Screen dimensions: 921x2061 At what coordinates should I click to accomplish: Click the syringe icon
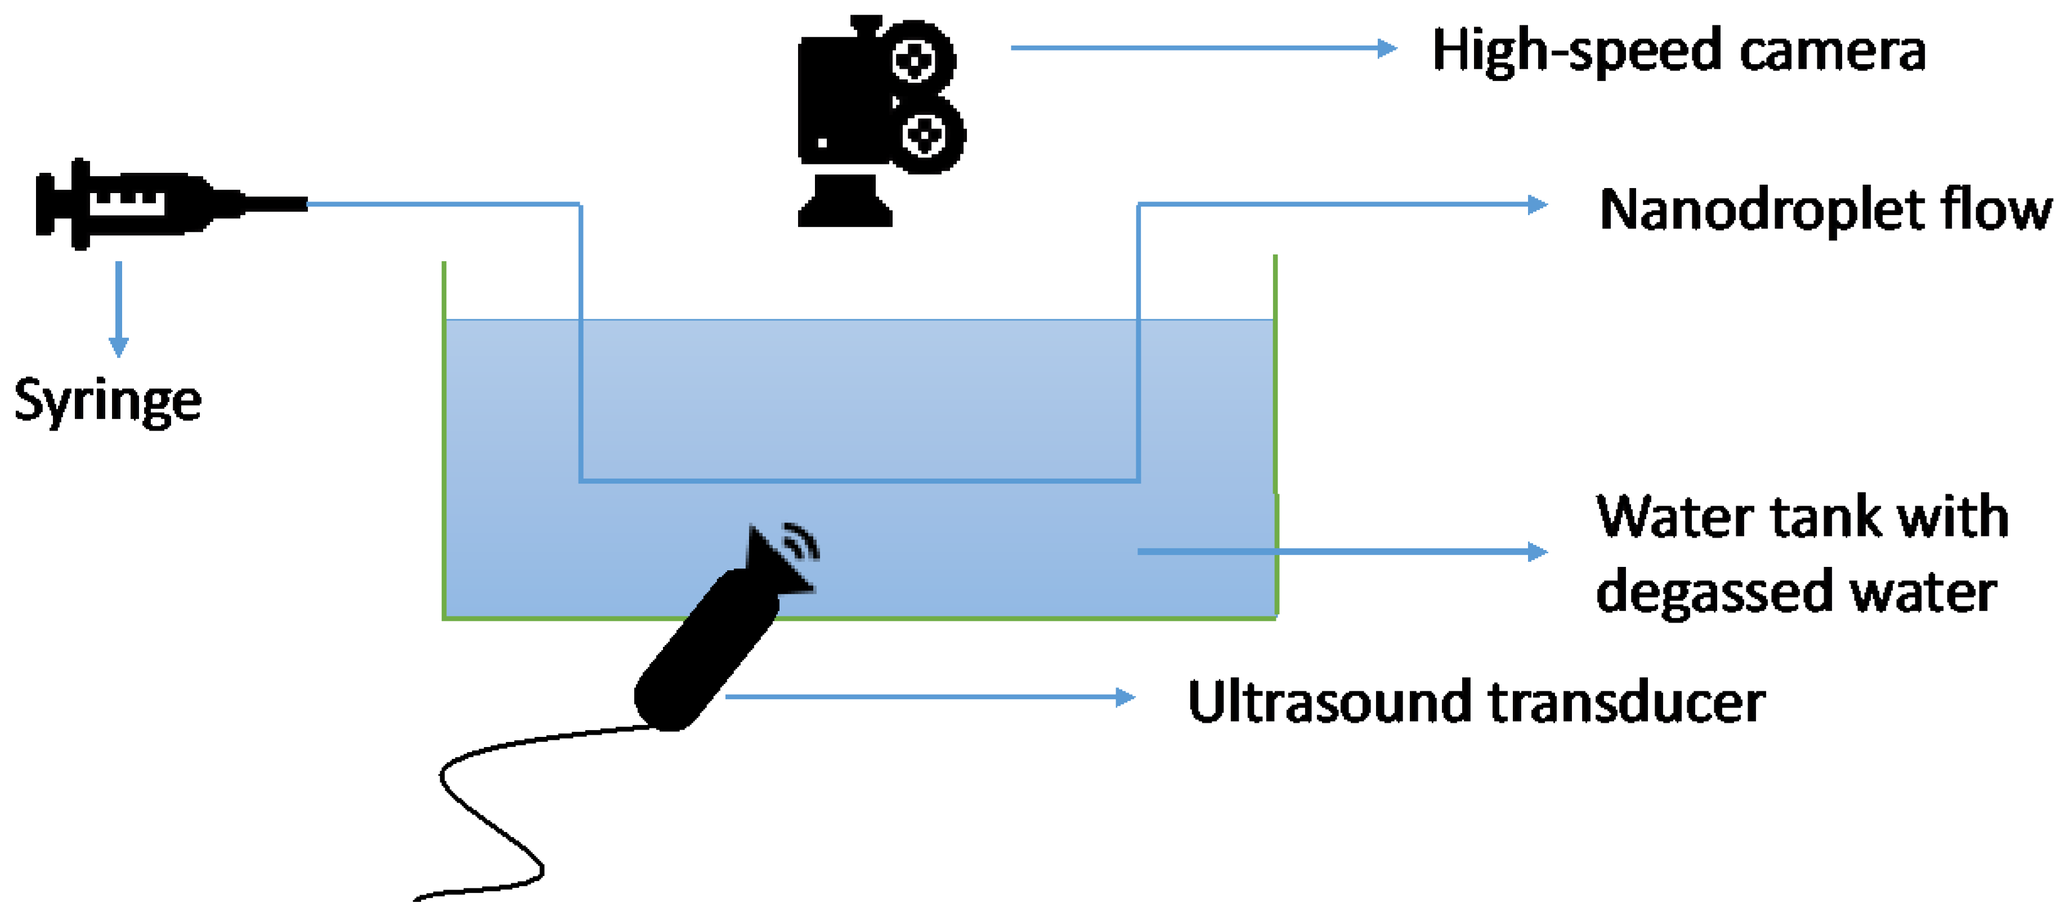pyautogui.click(x=160, y=204)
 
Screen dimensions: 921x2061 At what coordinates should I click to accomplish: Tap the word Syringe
pyautogui.click(x=108, y=400)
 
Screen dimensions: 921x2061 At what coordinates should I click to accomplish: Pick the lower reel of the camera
pyautogui.click(x=926, y=135)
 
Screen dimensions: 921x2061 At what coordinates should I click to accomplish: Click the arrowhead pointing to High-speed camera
pyautogui.click(x=1388, y=48)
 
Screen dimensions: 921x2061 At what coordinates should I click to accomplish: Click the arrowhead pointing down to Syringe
pyautogui.click(x=118, y=348)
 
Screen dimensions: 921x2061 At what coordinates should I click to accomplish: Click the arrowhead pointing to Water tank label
pyautogui.click(x=1538, y=551)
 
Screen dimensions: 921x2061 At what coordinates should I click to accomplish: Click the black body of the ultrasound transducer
pyautogui.click(x=704, y=648)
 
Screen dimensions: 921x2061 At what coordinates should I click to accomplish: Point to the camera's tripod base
pyautogui.click(x=845, y=204)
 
